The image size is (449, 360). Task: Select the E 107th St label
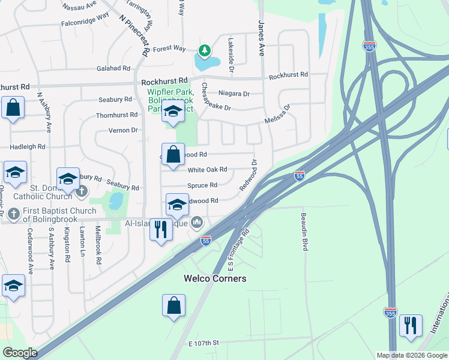tap(204, 343)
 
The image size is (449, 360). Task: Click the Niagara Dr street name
tap(234, 94)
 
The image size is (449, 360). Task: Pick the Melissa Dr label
tap(278, 115)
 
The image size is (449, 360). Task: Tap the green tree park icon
tap(204, 50)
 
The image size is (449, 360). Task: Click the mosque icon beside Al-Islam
tap(197, 223)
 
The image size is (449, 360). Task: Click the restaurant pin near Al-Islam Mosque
tap(160, 229)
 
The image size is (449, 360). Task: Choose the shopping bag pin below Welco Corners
tap(173, 305)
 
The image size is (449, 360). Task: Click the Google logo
tap(20, 353)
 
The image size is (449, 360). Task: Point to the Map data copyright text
tap(411, 355)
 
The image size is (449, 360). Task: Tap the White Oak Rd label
tap(208, 170)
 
